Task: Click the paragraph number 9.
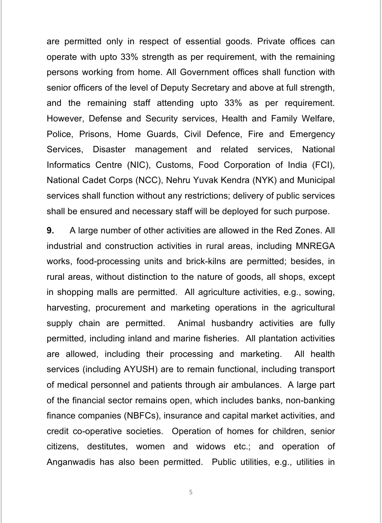(50, 231)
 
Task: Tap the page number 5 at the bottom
(191, 492)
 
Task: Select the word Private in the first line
(271, 41)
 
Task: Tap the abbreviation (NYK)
(265, 180)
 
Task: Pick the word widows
(211, 447)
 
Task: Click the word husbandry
(232, 323)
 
